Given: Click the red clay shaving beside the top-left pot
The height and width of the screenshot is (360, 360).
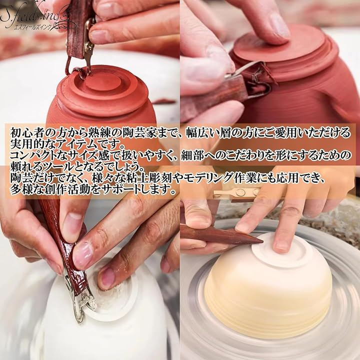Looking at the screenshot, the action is pyautogui.click(x=163, y=101).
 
